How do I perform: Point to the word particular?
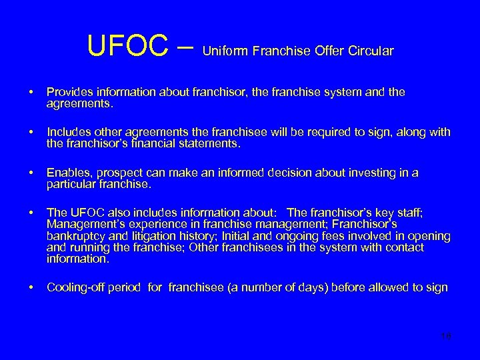(70, 184)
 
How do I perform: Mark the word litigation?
(153, 237)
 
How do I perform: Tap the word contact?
(400, 247)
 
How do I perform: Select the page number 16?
(446, 335)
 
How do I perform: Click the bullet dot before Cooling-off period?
(31, 288)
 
